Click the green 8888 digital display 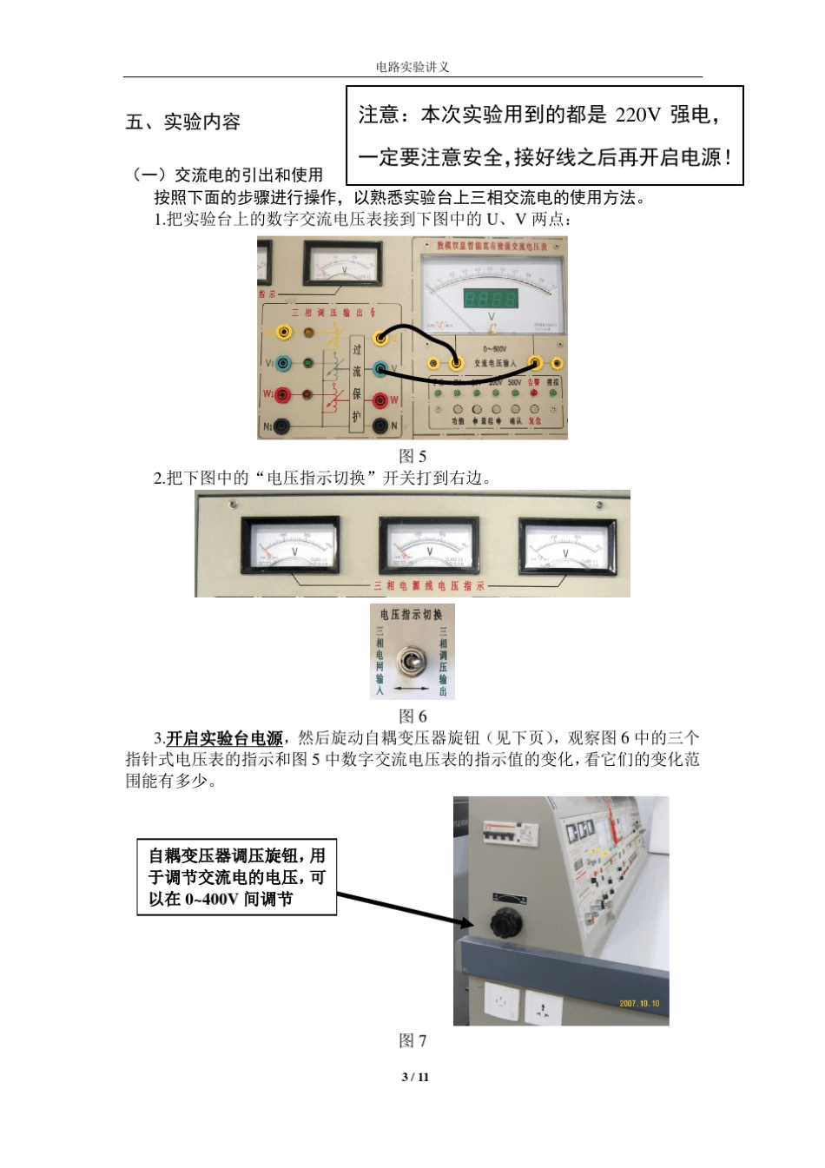pos(491,299)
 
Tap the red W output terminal pos(380,399)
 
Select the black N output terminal pos(380,426)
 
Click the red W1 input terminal pos(283,395)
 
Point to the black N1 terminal pos(283,426)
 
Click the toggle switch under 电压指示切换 pos(412,662)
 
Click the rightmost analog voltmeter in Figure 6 pos(566,547)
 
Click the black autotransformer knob pos(505,923)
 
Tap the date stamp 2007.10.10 pos(639,1004)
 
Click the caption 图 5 pos(412,456)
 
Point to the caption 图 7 pos(412,1040)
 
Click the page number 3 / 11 pos(415,1077)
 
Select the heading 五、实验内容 pos(182,122)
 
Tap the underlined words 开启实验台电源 pos(224,738)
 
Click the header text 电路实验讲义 pos(412,67)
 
